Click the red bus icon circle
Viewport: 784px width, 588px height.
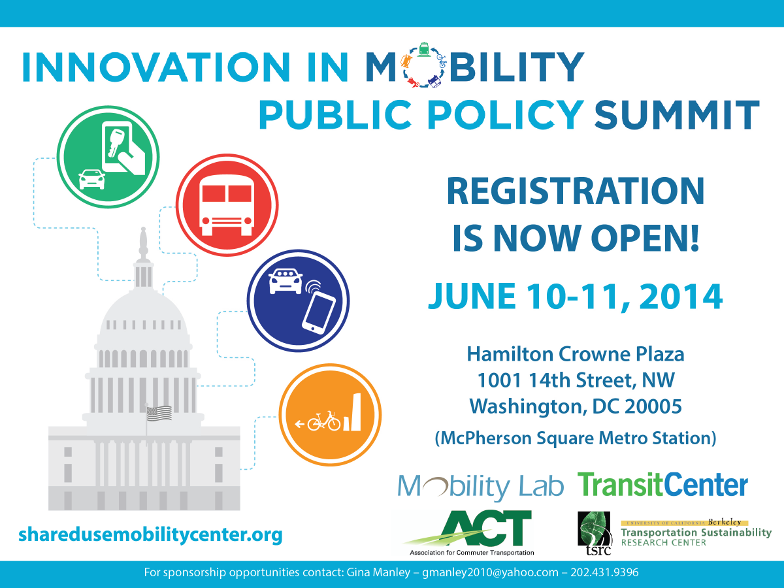(x=227, y=205)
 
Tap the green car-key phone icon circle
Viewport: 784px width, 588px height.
(x=108, y=157)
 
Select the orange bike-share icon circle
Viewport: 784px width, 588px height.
(x=331, y=414)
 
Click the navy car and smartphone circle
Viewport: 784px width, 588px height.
(x=298, y=301)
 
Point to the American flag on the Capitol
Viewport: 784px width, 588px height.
(x=159, y=414)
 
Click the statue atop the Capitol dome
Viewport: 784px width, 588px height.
(x=144, y=244)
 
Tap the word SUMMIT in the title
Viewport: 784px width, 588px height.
(x=677, y=115)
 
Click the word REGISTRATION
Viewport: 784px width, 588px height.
(x=576, y=191)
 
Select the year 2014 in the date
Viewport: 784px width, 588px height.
(x=681, y=296)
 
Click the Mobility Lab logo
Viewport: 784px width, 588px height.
(x=481, y=486)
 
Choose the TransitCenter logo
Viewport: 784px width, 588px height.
(x=663, y=485)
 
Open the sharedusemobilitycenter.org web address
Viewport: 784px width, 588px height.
(x=150, y=534)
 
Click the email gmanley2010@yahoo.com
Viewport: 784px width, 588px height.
(x=490, y=572)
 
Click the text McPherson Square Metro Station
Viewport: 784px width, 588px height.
(x=576, y=438)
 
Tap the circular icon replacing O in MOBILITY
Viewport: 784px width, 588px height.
(x=424, y=65)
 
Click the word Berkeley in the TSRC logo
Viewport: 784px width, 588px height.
(x=725, y=522)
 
